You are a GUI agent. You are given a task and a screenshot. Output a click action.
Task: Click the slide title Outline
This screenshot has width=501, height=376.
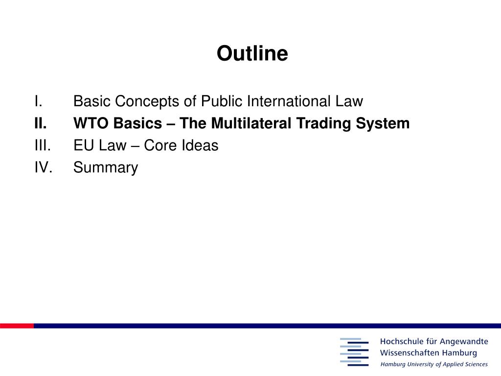coord(252,53)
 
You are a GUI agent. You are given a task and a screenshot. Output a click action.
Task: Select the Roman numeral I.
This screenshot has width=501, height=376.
coord(38,101)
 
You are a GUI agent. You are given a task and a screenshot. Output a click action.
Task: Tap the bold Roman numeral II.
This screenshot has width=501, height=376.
coord(41,123)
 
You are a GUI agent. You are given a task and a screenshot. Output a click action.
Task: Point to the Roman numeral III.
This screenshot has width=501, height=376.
coord(43,145)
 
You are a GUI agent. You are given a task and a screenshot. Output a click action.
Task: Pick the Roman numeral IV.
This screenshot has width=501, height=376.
coord(44,167)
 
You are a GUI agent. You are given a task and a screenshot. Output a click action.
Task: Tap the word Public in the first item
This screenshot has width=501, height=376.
coord(222,101)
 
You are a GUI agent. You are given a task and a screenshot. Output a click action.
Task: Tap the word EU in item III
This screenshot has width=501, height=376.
coord(84,145)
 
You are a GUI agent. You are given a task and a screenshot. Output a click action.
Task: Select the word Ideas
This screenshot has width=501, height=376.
coord(200,145)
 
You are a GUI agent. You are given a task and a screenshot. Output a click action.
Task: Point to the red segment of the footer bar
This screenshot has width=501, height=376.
coord(17,326)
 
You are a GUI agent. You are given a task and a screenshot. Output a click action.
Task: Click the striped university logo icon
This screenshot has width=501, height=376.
coord(354,352)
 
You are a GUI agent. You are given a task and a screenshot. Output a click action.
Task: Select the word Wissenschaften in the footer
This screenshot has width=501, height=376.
coord(406,353)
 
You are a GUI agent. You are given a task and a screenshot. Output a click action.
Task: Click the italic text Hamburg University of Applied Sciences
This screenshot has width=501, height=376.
coord(434,364)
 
